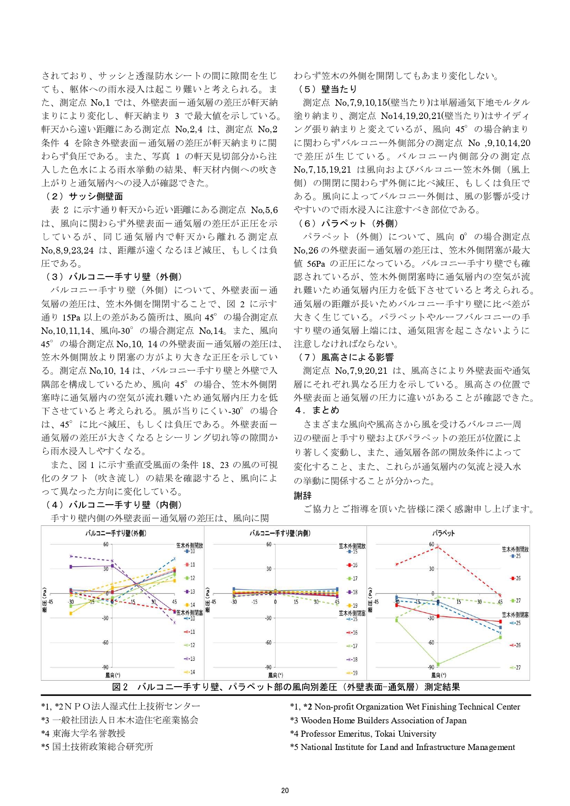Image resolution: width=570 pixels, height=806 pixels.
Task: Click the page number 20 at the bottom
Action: pos(285,790)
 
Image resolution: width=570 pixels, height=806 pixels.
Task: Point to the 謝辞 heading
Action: pos(303,496)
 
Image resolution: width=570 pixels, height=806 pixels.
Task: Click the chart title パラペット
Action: pos(443,533)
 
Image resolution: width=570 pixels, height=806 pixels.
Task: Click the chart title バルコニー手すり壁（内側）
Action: pos(280,533)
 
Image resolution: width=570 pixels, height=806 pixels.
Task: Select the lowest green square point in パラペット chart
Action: pos(438,664)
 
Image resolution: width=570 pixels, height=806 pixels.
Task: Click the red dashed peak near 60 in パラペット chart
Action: pos(438,547)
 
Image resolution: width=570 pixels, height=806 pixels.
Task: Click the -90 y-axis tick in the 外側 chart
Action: pos(105,667)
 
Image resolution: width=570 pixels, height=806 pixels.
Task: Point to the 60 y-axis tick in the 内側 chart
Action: pos(269,545)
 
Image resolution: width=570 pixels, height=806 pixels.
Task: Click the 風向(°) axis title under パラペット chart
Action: pos(439,675)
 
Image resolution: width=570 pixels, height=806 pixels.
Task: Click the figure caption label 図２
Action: pos(120,687)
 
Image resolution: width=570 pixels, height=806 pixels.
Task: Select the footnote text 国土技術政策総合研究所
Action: pos(102,747)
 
